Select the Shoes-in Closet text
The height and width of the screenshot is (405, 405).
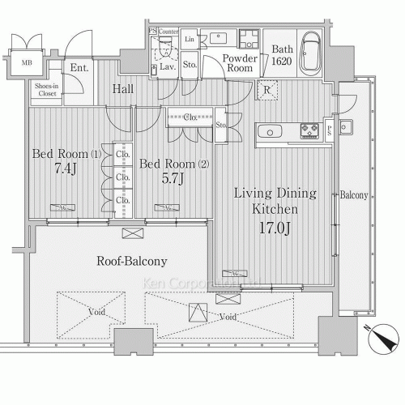point(45,92)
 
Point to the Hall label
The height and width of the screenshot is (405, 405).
point(123,88)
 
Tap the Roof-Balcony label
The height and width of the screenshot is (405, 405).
point(131,261)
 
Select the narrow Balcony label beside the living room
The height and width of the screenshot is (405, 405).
point(353,195)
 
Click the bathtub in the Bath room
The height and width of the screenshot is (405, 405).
point(312,53)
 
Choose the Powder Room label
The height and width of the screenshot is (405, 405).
point(240,64)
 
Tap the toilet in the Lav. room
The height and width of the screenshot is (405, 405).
point(165,50)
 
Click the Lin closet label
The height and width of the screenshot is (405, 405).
point(190,39)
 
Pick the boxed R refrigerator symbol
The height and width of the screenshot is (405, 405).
point(266,90)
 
